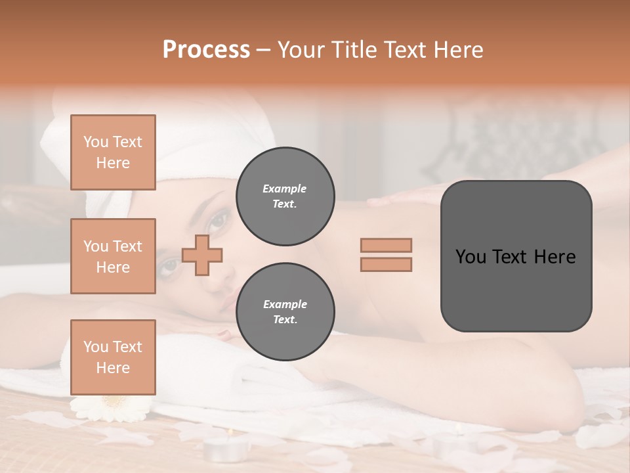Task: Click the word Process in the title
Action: [206, 50]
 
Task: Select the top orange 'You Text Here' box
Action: [113, 152]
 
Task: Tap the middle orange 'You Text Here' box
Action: [113, 256]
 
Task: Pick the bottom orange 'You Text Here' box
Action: [113, 357]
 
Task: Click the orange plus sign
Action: [202, 254]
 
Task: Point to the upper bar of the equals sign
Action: [386, 245]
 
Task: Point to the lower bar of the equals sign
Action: [386, 264]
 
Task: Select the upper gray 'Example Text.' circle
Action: [285, 196]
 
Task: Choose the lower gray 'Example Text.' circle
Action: [285, 311]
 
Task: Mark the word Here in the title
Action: [458, 50]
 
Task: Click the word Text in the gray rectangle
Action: [515, 257]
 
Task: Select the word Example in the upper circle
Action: [284, 189]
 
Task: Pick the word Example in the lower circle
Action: [284, 304]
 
